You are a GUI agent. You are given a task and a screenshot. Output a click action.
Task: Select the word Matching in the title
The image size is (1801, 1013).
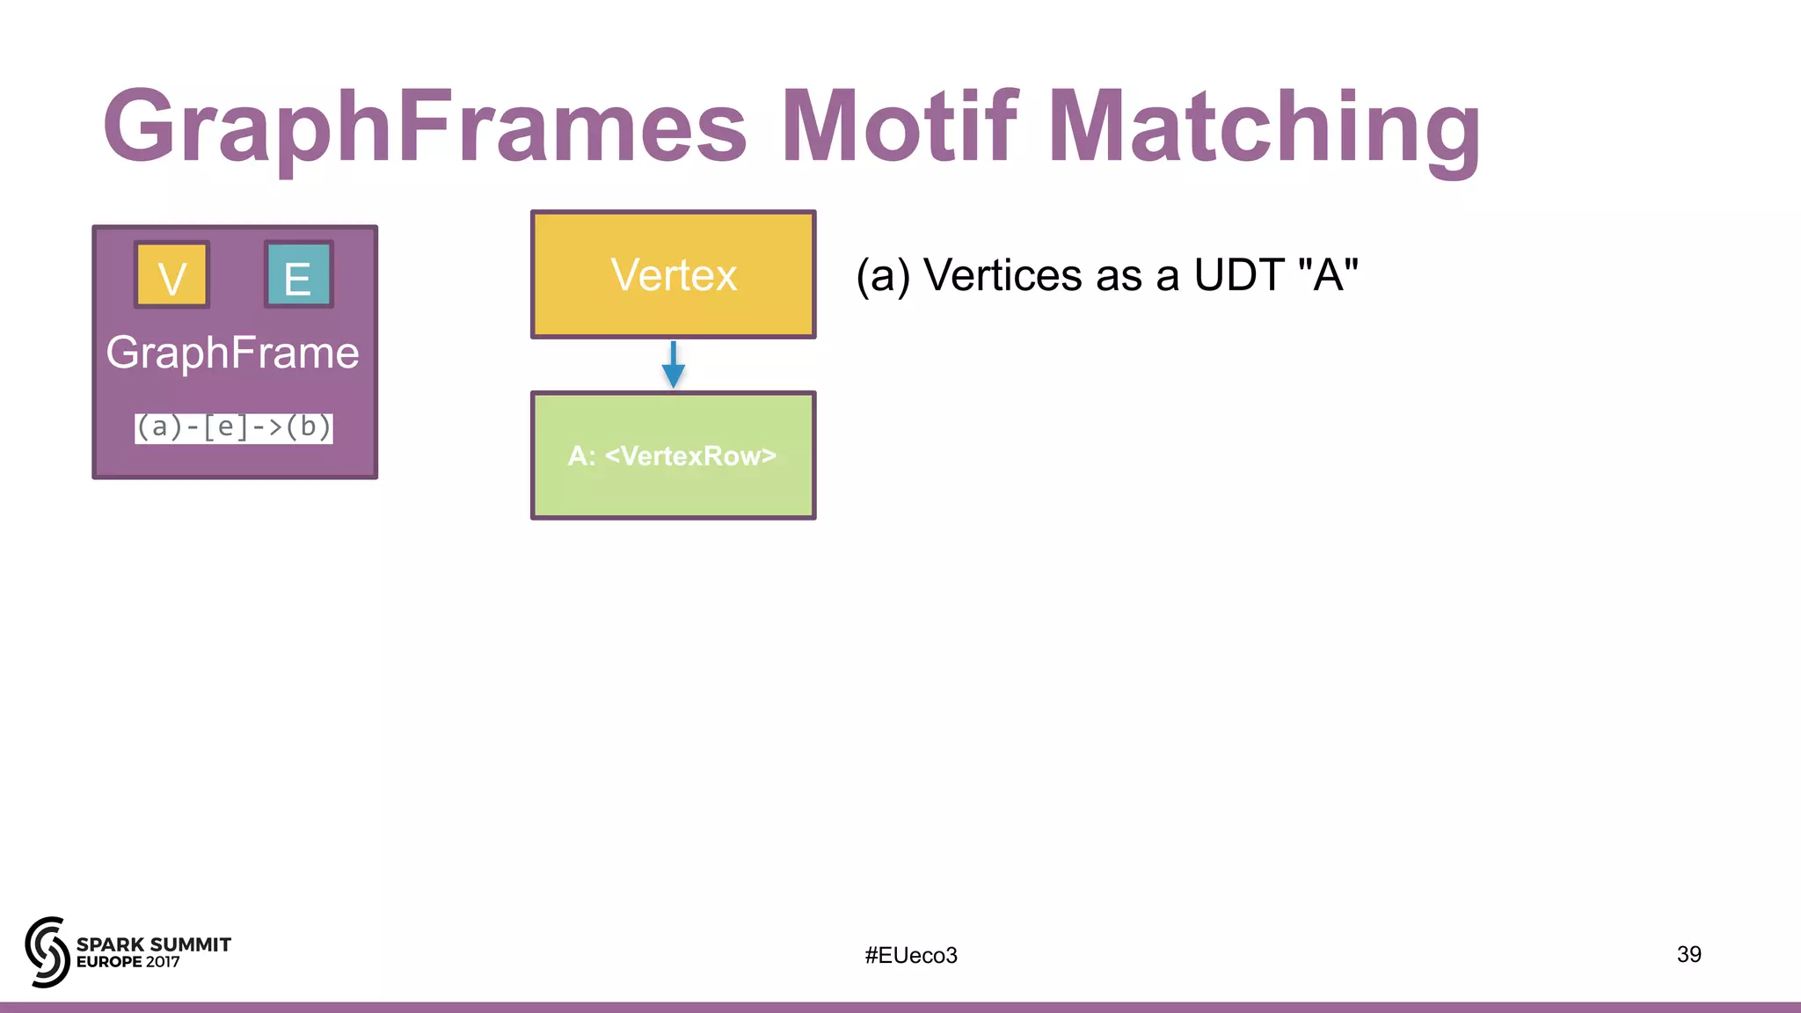tap(1264, 128)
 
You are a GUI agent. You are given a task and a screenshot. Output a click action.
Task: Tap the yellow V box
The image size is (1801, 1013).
tap(171, 275)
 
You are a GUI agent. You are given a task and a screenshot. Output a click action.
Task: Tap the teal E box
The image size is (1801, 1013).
tap(298, 275)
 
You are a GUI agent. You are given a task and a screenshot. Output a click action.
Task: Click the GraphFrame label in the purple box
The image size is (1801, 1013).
tap(233, 353)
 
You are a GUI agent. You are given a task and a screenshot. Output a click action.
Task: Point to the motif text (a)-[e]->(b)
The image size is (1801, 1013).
tap(234, 427)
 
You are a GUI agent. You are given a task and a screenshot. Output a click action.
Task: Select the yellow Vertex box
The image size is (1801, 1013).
tap(673, 274)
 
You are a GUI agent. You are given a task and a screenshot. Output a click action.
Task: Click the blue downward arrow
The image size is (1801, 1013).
tap(673, 365)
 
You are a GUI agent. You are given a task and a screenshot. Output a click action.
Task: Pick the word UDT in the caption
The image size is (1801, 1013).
tap(1240, 275)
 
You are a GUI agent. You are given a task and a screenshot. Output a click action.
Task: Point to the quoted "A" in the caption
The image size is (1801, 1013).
tap(1328, 275)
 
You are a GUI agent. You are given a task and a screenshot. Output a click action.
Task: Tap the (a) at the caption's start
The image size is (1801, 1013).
tap(883, 275)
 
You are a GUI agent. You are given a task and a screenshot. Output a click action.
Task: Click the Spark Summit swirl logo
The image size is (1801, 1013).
tap(47, 952)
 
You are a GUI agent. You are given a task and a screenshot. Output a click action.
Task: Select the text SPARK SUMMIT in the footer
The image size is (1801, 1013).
tap(154, 944)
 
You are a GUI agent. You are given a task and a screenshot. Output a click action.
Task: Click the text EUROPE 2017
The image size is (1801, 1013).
tap(128, 962)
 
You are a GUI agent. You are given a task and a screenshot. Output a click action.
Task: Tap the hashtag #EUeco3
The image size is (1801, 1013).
tap(911, 955)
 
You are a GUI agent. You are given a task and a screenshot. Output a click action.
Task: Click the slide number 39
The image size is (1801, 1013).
tap(1688, 954)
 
